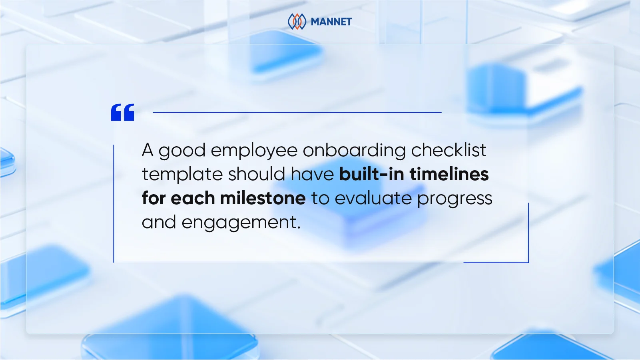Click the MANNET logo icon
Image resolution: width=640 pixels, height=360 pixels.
point(297,22)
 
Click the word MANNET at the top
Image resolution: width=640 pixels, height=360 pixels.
point(331,22)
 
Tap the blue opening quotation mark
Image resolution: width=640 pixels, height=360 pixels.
point(123,112)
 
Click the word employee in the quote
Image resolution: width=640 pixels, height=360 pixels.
point(254,151)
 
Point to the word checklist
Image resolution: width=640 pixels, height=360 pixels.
point(449,150)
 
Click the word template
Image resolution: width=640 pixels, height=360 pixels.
point(182,175)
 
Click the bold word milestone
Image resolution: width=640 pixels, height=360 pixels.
point(263,198)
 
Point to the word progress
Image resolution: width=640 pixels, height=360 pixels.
point(455,199)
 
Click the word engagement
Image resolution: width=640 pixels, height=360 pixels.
point(241,223)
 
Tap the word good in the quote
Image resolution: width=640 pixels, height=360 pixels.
point(182,151)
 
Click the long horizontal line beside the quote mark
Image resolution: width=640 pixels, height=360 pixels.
point(297,112)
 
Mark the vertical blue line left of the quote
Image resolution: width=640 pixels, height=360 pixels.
point(114,203)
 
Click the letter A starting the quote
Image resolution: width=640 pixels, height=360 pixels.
point(148,150)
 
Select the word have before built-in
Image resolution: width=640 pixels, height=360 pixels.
point(312,174)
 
